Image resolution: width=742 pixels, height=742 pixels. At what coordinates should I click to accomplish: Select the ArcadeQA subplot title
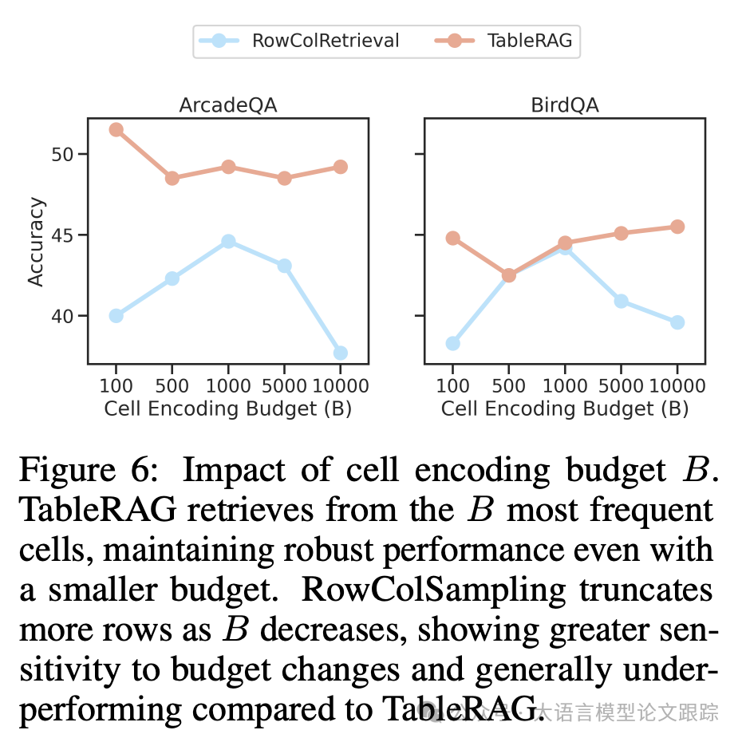coord(227,105)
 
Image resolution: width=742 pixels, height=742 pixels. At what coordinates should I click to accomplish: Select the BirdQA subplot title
coord(564,105)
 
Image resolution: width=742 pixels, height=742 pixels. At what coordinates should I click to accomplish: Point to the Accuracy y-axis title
coord(36,242)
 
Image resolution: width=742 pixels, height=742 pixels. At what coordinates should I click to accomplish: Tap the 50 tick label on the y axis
coord(62,154)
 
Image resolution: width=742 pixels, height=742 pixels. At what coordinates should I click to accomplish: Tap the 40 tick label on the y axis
coord(62,316)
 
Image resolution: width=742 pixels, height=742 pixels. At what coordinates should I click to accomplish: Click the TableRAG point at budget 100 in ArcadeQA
coord(116,129)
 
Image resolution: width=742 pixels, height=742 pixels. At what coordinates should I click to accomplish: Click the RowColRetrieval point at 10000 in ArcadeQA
coord(340,353)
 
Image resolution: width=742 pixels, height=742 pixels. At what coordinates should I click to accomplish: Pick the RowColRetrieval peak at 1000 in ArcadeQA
coord(228,241)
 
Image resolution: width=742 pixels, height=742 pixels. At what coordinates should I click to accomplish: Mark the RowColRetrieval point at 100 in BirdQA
coord(452,343)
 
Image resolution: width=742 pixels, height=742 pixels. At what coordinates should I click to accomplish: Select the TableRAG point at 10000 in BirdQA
coord(677,227)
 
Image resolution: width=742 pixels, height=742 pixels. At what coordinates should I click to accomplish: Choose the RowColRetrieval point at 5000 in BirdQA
coord(621,301)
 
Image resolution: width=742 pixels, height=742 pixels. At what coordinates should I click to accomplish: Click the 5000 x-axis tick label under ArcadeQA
coord(284,386)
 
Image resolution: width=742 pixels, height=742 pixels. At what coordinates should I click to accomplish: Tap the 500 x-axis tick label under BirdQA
coord(508,386)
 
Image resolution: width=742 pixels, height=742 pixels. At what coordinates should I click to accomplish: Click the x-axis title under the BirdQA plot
coord(564,408)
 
